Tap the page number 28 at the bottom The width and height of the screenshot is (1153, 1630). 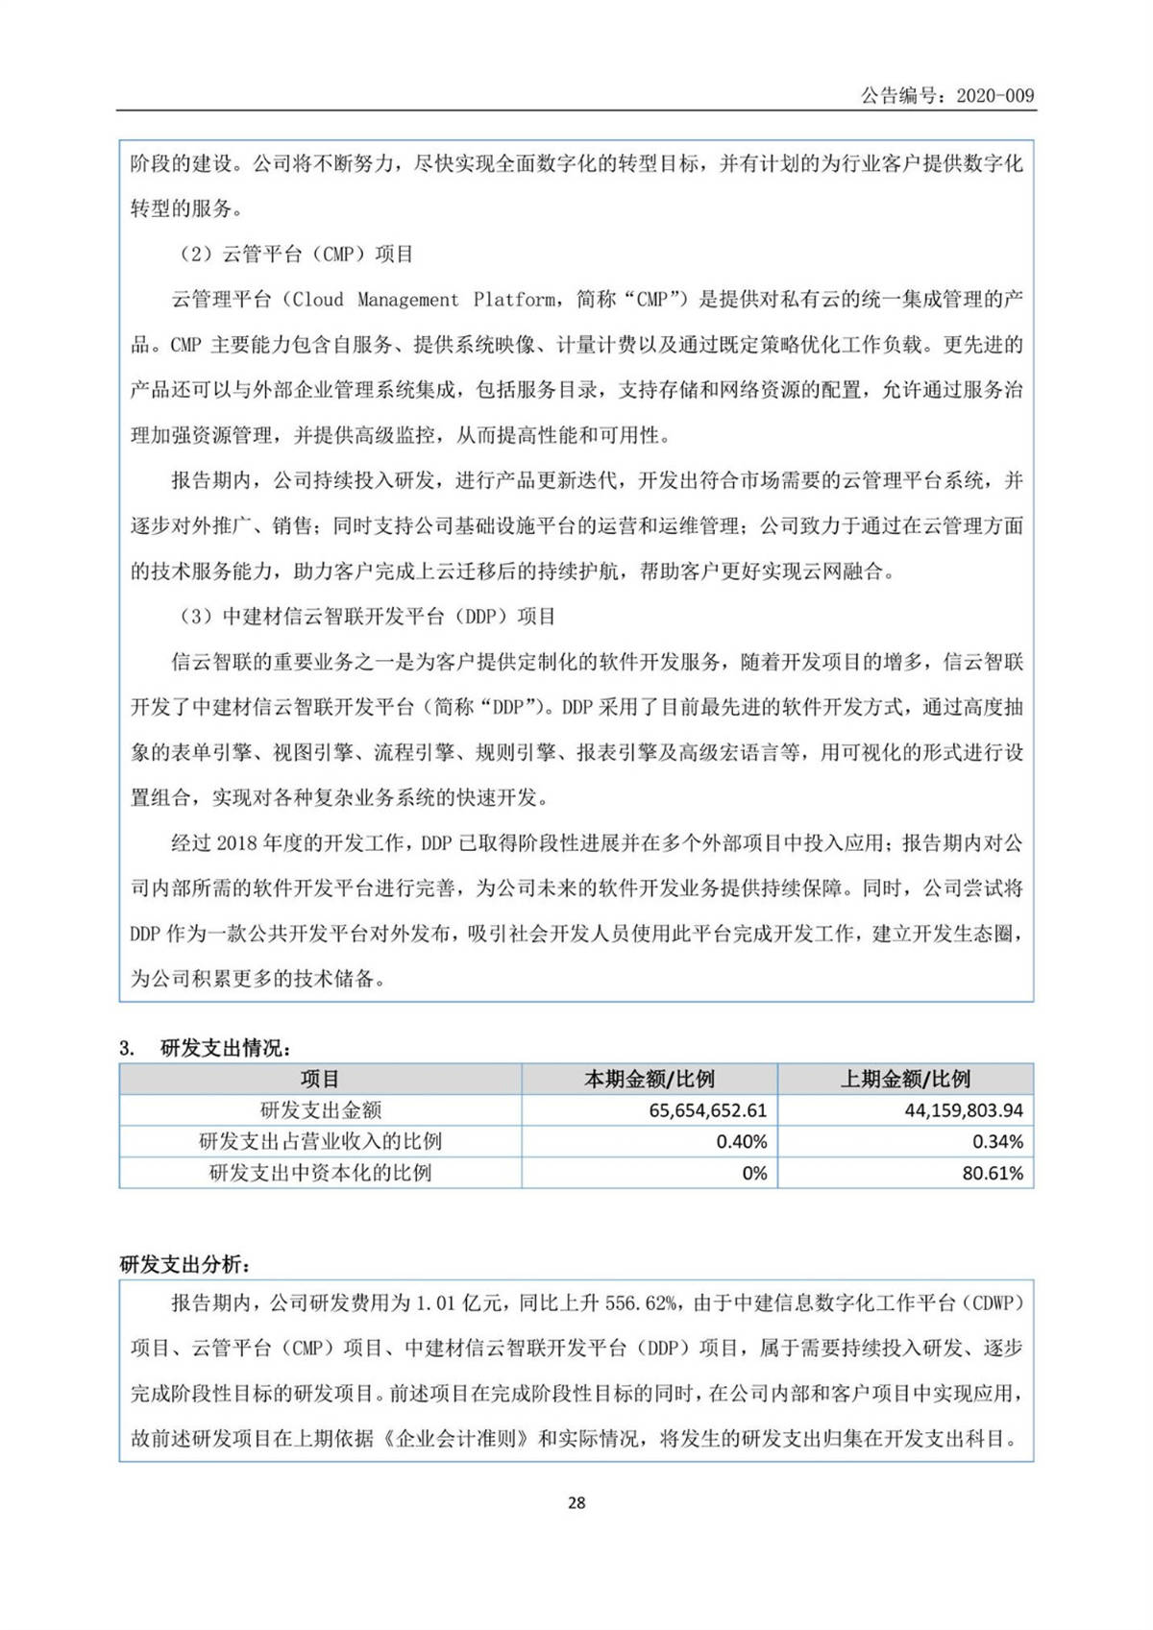coord(576,1502)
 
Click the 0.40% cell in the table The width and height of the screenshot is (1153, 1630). coord(742,1141)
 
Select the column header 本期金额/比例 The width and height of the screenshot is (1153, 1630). coord(650,1079)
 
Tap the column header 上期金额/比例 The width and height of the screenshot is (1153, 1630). coord(905,1079)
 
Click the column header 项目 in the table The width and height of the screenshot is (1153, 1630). coord(320,1079)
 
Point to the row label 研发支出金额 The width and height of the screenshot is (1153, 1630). coord(320,1110)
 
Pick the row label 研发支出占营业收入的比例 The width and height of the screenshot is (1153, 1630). coord(320,1141)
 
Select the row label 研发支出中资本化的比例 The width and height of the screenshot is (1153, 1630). coord(320,1173)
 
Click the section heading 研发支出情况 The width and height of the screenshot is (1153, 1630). coord(226,1048)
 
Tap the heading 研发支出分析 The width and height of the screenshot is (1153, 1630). coord(186,1264)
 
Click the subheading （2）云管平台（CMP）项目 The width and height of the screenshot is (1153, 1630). coord(296,255)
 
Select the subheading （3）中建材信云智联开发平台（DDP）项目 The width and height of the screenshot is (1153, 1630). coord(366,617)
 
